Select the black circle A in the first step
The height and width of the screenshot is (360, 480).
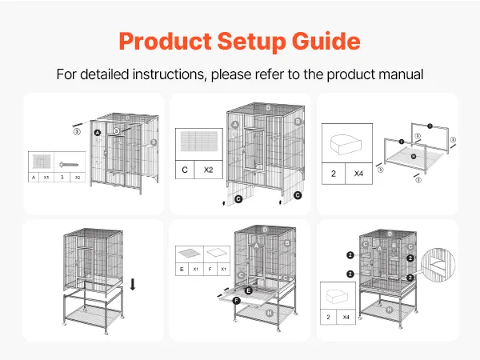97,132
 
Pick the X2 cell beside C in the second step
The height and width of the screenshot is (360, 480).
209,170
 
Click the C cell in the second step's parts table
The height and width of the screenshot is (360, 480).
186,170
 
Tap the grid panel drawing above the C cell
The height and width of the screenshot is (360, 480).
197,143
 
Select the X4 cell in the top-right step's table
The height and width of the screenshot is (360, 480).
359,172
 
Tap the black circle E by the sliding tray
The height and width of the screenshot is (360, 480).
249,290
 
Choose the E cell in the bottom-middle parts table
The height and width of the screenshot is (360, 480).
182,270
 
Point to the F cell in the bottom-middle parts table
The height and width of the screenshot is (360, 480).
210,270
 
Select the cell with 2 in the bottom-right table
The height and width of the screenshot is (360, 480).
329,318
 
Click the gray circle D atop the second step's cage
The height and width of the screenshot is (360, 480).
268,106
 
